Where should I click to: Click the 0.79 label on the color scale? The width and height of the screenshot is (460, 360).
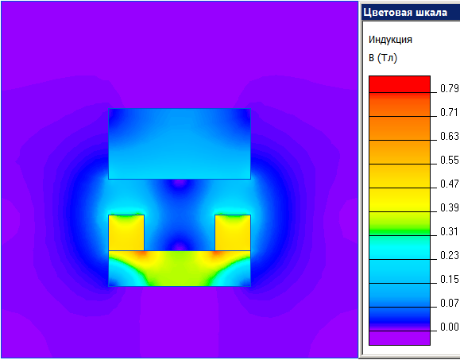tap(450, 88)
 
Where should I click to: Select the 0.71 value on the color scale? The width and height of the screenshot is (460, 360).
tap(450, 112)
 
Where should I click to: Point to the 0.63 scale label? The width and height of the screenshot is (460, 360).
tap(450, 136)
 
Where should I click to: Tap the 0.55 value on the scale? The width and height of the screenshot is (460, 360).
tap(450, 160)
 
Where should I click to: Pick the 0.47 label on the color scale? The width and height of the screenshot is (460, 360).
tap(450, 184)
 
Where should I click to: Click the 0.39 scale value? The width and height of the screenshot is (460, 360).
tap(450, 207)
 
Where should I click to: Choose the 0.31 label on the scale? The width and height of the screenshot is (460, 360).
tap(450, 231)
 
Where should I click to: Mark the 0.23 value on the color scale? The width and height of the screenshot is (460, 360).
tap(450, 255)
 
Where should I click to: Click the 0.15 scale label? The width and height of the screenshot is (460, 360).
tap(450, 279)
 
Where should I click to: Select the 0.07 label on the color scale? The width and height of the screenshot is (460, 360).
tap(450, 303)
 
